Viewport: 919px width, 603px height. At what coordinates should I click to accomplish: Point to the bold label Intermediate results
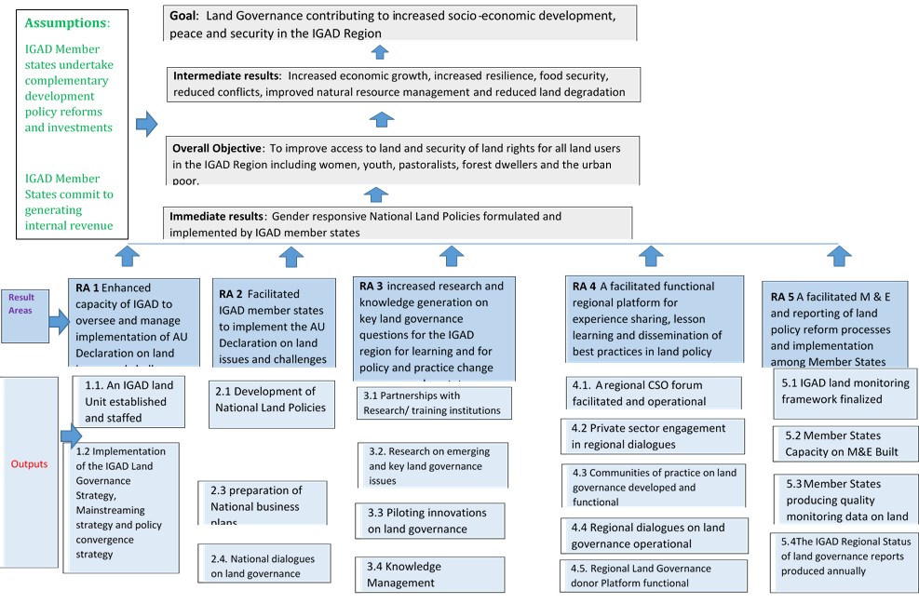227,74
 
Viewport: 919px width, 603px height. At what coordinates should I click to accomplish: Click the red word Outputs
30,463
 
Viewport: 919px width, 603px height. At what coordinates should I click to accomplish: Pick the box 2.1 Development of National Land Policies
271,400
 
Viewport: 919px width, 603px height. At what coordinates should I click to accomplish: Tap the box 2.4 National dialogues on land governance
264,566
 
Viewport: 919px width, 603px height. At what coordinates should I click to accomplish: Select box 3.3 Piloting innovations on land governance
429,521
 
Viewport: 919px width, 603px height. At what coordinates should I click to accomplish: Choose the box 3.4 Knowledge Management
429,574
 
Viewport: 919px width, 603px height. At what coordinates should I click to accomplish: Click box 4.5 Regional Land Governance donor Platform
653,575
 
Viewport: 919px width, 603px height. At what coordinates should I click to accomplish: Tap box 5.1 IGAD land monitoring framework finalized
844,390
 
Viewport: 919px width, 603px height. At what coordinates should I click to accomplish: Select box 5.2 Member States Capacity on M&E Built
844,443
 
